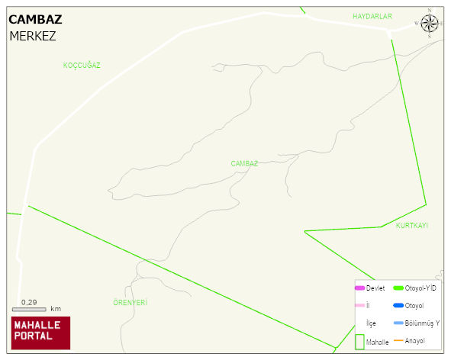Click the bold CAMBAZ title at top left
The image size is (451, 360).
click(36, 20)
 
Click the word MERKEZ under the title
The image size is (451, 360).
click(33, 36)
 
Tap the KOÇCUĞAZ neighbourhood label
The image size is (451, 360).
click(82, 66)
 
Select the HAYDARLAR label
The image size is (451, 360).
click(372, 16)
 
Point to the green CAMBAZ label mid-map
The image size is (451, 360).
click(244, 163)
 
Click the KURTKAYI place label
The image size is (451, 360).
click(411, 226)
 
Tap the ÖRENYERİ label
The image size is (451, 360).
click(130, 303)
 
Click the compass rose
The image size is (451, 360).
click(430, 24)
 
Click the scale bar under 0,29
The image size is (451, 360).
click(29, 309)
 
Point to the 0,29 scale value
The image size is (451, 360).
click(29, 302)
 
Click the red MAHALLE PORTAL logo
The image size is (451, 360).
click(40, 333)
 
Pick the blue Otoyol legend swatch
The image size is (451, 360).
click(398, 305)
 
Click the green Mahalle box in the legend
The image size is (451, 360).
click(359, 340)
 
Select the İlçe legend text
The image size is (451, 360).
click(371, 323)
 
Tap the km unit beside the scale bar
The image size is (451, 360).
click(56, 309)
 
